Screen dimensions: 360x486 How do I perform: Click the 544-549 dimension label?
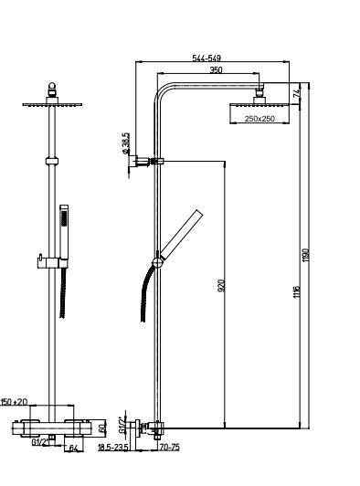click(206, 58)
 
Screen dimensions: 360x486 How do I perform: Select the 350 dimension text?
click(216, 69)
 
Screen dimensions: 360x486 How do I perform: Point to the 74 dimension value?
click(297, 93)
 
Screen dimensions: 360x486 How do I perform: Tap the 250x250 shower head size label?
click(259, 119)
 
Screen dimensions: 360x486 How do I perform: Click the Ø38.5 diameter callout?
click(126, 143)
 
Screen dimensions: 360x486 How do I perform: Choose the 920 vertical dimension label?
click(221, 285)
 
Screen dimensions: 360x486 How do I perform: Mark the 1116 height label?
click(297, 291)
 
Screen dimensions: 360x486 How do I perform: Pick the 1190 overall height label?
click(306, 255)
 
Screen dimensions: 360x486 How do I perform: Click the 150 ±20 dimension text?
click(15, 402)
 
